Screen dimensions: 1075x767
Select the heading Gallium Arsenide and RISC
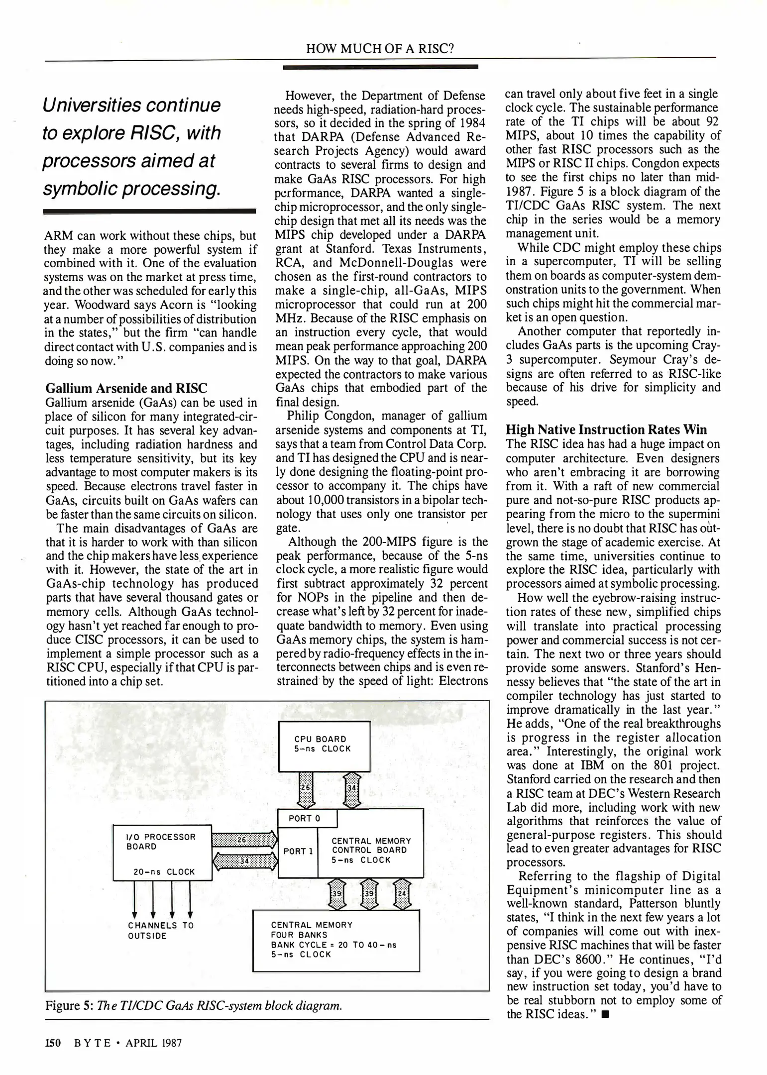tap(126, 388)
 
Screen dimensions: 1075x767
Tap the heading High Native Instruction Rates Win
tap(606, 430)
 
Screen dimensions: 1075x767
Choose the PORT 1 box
tap(298, 851)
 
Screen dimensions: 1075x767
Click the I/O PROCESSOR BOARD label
tap(161, 842)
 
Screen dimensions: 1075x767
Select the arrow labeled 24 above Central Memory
tap(402, 894)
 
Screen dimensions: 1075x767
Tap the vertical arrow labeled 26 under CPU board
tap(306, 790)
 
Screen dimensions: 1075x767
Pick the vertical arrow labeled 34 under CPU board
tap(352, 790)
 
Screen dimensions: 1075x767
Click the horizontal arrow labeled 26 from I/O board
tap(244, 840)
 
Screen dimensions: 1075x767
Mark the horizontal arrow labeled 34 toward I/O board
tap(244, 860)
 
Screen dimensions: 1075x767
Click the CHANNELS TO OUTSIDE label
tap(161, 930)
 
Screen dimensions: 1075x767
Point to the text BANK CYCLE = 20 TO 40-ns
tap(333, 945)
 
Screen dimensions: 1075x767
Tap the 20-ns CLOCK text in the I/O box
tap(164, 871)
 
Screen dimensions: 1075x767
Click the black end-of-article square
tap(605, 1014)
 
